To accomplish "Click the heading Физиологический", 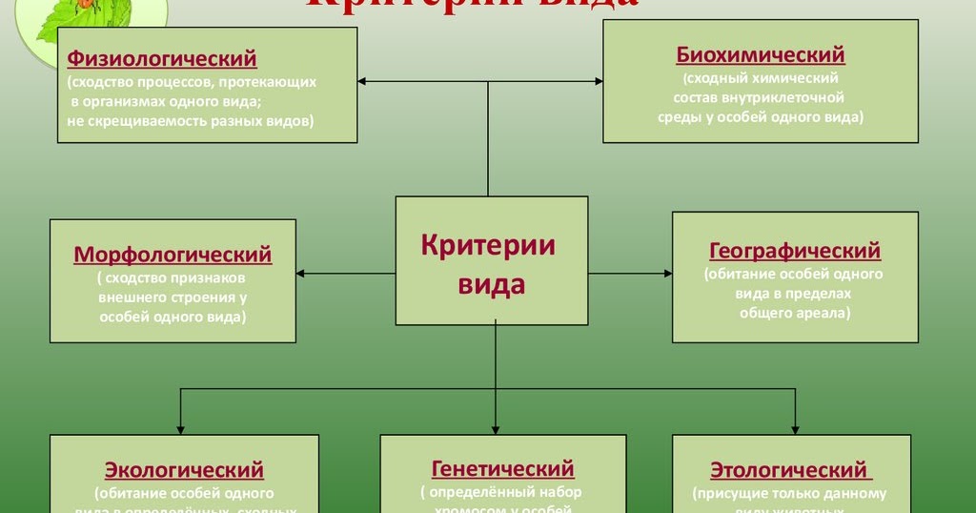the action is (x=162, y=59).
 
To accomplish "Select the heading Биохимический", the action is (x=761, y=54).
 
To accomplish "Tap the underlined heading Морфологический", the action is (x=173, y=255).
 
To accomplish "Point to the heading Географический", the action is (x=795, y=251).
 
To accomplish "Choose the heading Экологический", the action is (x=184, y=470).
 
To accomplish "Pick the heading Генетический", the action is (x=503, y=468).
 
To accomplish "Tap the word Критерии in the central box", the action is (x=488, y=244).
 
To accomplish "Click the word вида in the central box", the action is (x=492, y=284).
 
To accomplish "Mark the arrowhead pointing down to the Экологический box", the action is (x=180, y=428).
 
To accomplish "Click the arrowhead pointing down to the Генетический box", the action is (x=497, y=428).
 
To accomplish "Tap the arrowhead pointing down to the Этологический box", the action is (x=796, y=428).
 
